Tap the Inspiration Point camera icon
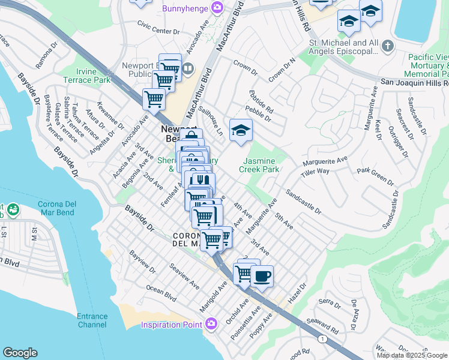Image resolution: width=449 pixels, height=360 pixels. click(211, 325)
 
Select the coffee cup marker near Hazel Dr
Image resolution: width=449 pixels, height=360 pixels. click(261, 277)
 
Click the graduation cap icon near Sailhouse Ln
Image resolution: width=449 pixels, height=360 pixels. click(241, 130)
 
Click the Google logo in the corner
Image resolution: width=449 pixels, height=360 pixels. click(20, 353)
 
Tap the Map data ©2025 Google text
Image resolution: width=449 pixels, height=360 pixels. click(411, 355)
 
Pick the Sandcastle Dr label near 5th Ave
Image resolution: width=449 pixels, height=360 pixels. click(303, 202)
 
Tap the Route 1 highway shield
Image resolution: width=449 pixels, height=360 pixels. click(324, 340)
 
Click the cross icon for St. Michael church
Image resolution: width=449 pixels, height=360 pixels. click(388, 46)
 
